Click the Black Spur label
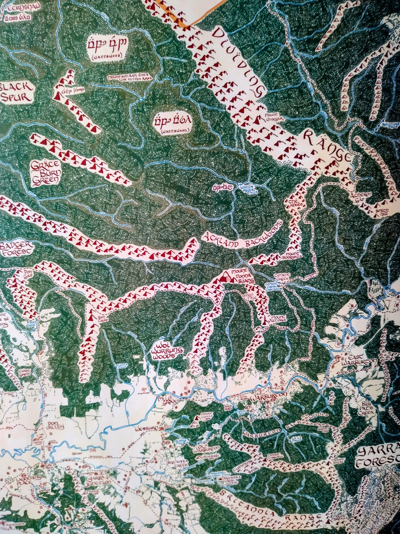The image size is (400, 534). click(x=16, y=92)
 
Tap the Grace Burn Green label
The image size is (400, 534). click(x=45, y=173)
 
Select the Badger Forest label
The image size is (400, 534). click(x=16, y=248)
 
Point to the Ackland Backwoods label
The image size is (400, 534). click(x=241, y=234)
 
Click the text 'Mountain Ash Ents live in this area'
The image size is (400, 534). click(x=129, y=77)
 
